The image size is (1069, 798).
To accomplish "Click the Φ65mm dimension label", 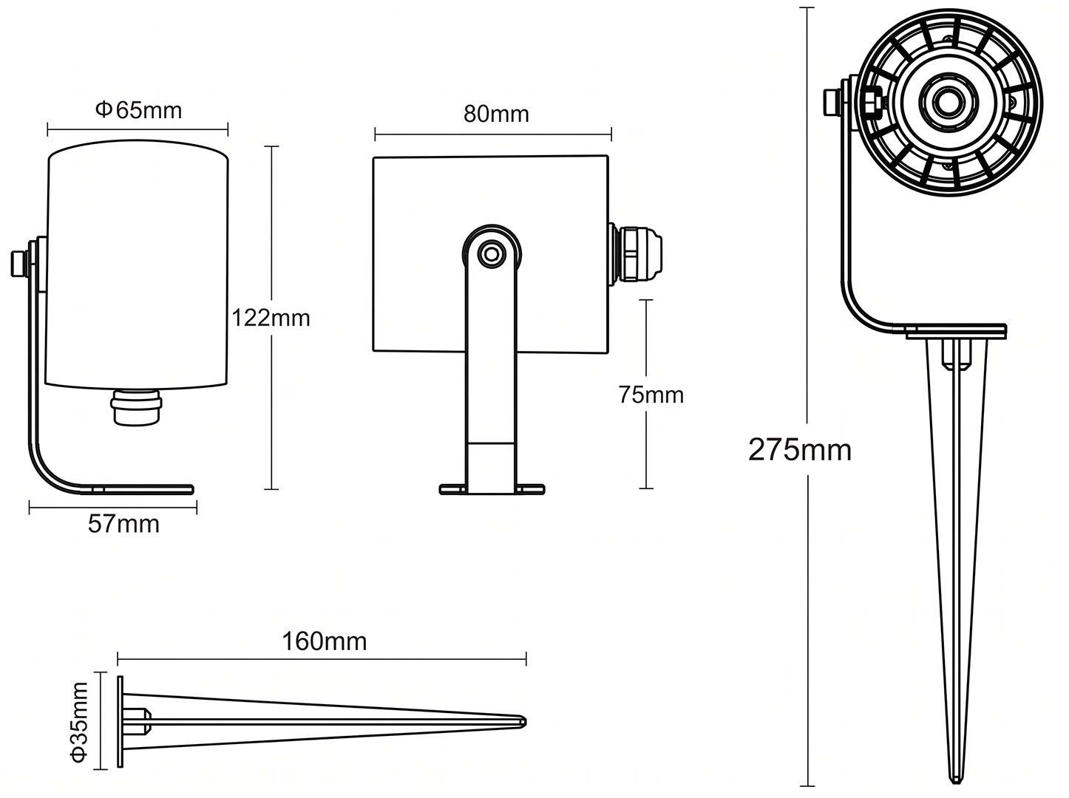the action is (138, 110).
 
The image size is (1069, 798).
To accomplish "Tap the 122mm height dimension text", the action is (271, 318).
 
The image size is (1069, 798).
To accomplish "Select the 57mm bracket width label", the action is (123, 525).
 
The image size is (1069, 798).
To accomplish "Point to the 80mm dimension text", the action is (496, 115).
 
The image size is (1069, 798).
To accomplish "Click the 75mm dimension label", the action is (651, 395).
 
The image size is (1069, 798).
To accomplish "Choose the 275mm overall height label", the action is (800, 450).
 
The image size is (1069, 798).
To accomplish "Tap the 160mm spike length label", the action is (325, 641).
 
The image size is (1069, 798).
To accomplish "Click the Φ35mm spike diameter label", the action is (79, 721).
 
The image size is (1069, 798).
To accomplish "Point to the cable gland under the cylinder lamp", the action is (136, 406).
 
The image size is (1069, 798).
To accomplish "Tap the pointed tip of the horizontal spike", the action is (525, 722).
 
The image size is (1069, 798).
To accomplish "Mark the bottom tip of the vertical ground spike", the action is (956, 782).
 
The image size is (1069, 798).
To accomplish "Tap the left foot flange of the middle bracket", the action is (453, 489).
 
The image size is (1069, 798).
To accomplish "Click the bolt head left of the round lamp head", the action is (832, 103).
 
